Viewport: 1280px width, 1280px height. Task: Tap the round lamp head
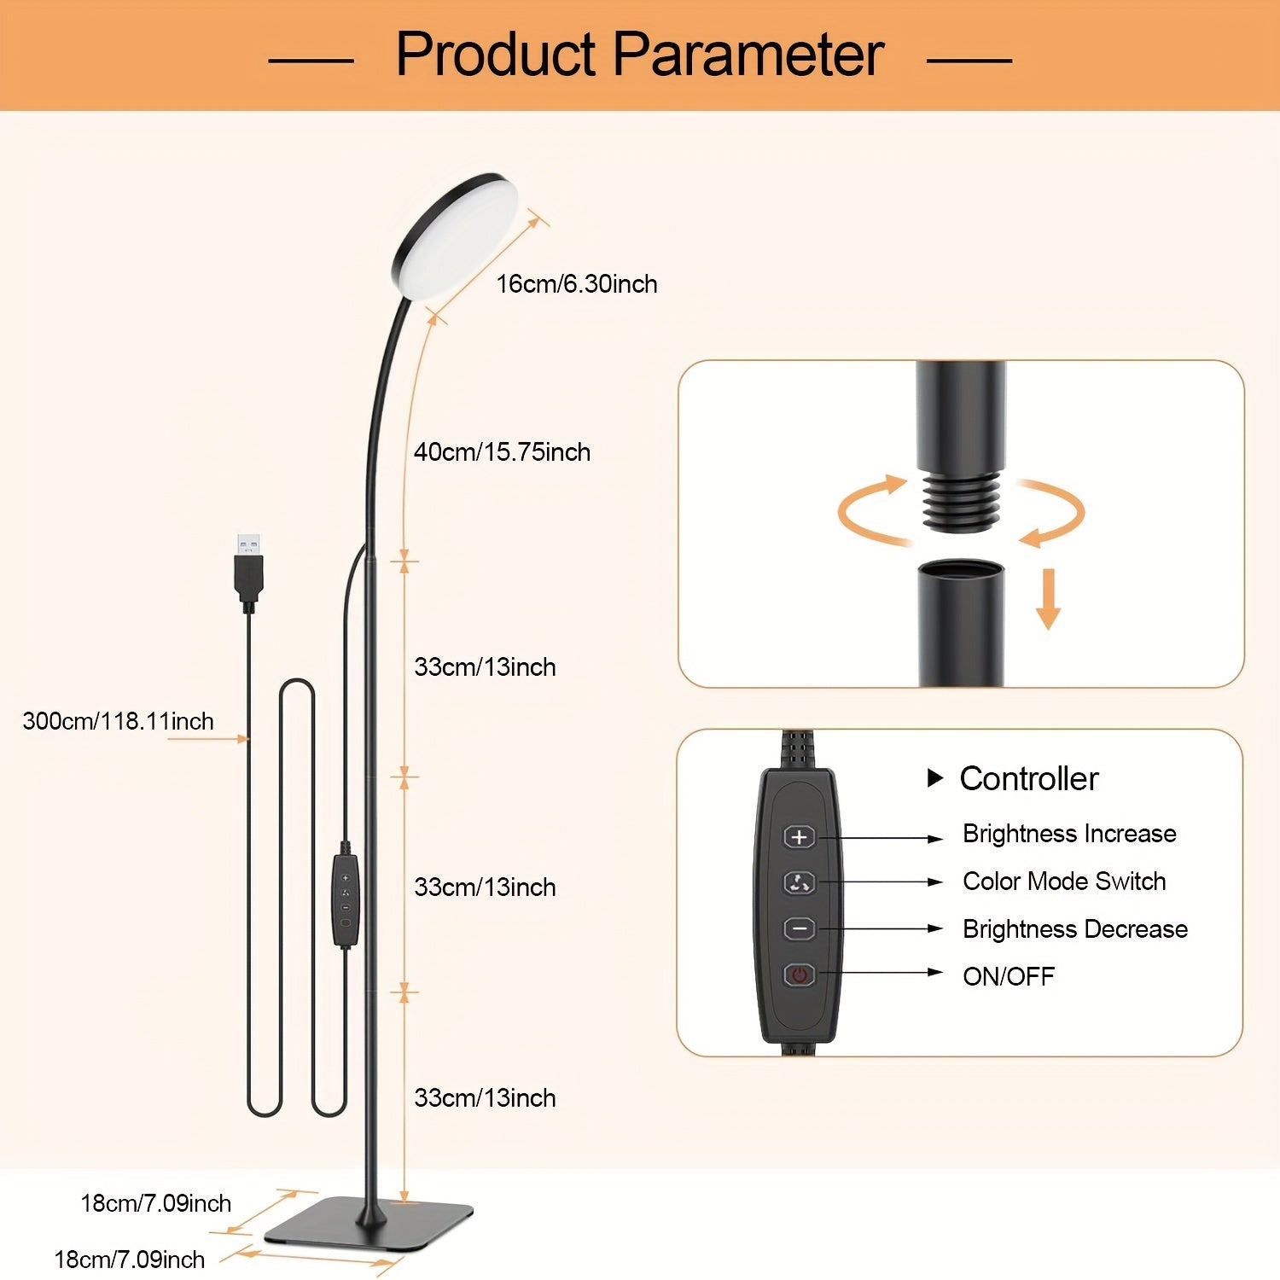coord(456,236)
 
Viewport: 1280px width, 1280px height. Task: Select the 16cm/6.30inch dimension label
coord(577,284)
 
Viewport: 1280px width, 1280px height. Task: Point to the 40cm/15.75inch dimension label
coord(502,452)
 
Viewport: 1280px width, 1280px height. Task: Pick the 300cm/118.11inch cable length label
coord(118,722)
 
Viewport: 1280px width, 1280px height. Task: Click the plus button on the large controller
coord(800,837)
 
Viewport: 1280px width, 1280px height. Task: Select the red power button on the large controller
coord(800,975)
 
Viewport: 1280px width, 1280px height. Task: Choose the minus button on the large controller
coord(800,928)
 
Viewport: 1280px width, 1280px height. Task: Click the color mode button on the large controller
coord(800,883)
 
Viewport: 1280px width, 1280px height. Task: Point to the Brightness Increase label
coord(1069,834)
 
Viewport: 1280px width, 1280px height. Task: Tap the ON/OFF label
coord(1009,976)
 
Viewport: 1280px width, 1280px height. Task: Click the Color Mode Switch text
coord(1064,881)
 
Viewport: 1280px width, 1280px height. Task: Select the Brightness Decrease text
coord(1075,929)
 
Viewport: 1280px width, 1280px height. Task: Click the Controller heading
coord(1029,779)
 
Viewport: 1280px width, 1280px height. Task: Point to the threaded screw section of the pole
coord(961,503)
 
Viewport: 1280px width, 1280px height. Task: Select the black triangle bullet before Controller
coord(935,778)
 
